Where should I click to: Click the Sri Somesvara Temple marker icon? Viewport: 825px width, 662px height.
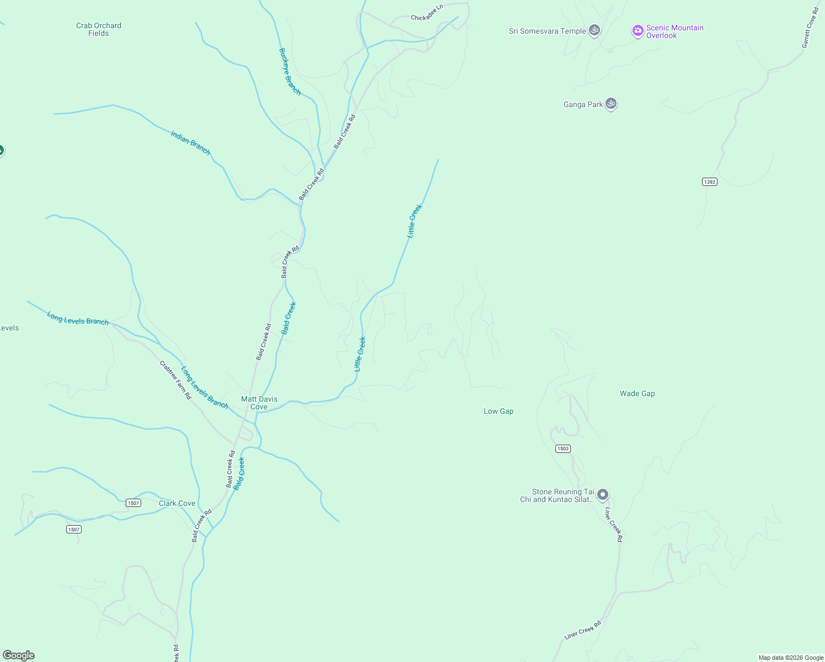(x=594, y=30)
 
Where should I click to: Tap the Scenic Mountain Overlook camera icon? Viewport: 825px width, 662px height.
(x=637, y=31)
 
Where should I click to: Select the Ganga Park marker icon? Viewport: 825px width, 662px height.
(x=610, y=103)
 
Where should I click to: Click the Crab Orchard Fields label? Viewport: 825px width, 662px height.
(x=99, y=29)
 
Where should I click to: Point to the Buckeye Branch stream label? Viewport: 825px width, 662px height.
(x=290, y=71)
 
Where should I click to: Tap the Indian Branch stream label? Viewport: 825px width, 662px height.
(x=190, y=142)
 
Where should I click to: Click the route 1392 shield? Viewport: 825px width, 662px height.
(x=710, y=181)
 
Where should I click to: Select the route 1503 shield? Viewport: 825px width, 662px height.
(x=562, y=449)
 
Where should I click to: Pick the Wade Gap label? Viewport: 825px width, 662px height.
(x=637, y=393)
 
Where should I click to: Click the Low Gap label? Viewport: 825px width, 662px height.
(x=499, y=411)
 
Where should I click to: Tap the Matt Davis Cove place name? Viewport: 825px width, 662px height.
(x=259, y=403)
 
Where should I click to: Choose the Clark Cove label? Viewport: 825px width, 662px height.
(x=177, y=503)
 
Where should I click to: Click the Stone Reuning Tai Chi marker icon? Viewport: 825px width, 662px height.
(x=603, y=494)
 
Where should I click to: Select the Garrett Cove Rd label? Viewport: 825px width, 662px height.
(x=810, y=28)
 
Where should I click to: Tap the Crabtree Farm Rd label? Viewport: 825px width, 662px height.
(x=175, y=380)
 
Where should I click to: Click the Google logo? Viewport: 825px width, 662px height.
(x=19, y=655)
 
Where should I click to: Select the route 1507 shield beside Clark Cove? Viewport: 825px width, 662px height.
(x=133, y=503)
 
